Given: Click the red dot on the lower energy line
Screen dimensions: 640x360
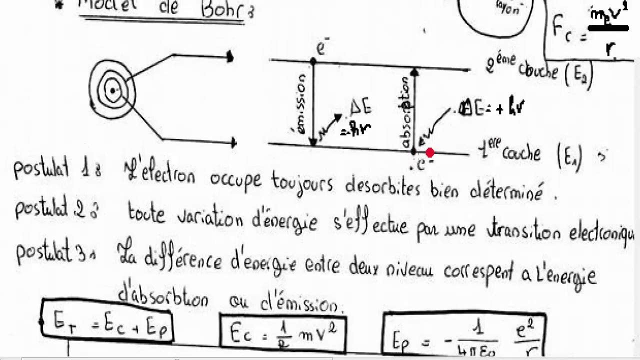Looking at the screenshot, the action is click(429, 152).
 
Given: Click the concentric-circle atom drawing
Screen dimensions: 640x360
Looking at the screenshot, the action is click(112, 90).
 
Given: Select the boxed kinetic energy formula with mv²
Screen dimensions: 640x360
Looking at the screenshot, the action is click(282, 332).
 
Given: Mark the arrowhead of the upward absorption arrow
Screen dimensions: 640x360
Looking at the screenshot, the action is click(414, 72).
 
